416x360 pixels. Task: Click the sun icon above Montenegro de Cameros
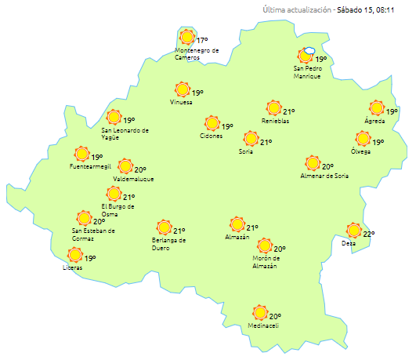186,37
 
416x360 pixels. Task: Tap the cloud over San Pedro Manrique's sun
309,50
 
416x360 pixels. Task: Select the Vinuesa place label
181,103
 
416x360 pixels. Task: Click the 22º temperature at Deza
369,234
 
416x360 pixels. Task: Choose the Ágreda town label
374,121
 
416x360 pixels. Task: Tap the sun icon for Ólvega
363,139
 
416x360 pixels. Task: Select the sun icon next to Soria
251,139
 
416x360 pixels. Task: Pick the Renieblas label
275,121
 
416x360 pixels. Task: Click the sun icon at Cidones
212,123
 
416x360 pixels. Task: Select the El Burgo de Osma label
118,210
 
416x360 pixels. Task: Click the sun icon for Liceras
75,255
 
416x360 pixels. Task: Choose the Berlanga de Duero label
168,244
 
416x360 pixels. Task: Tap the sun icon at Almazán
237,224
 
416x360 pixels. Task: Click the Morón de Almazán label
265,262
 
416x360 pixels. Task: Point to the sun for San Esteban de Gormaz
84,218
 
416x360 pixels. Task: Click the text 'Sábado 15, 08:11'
369,10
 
